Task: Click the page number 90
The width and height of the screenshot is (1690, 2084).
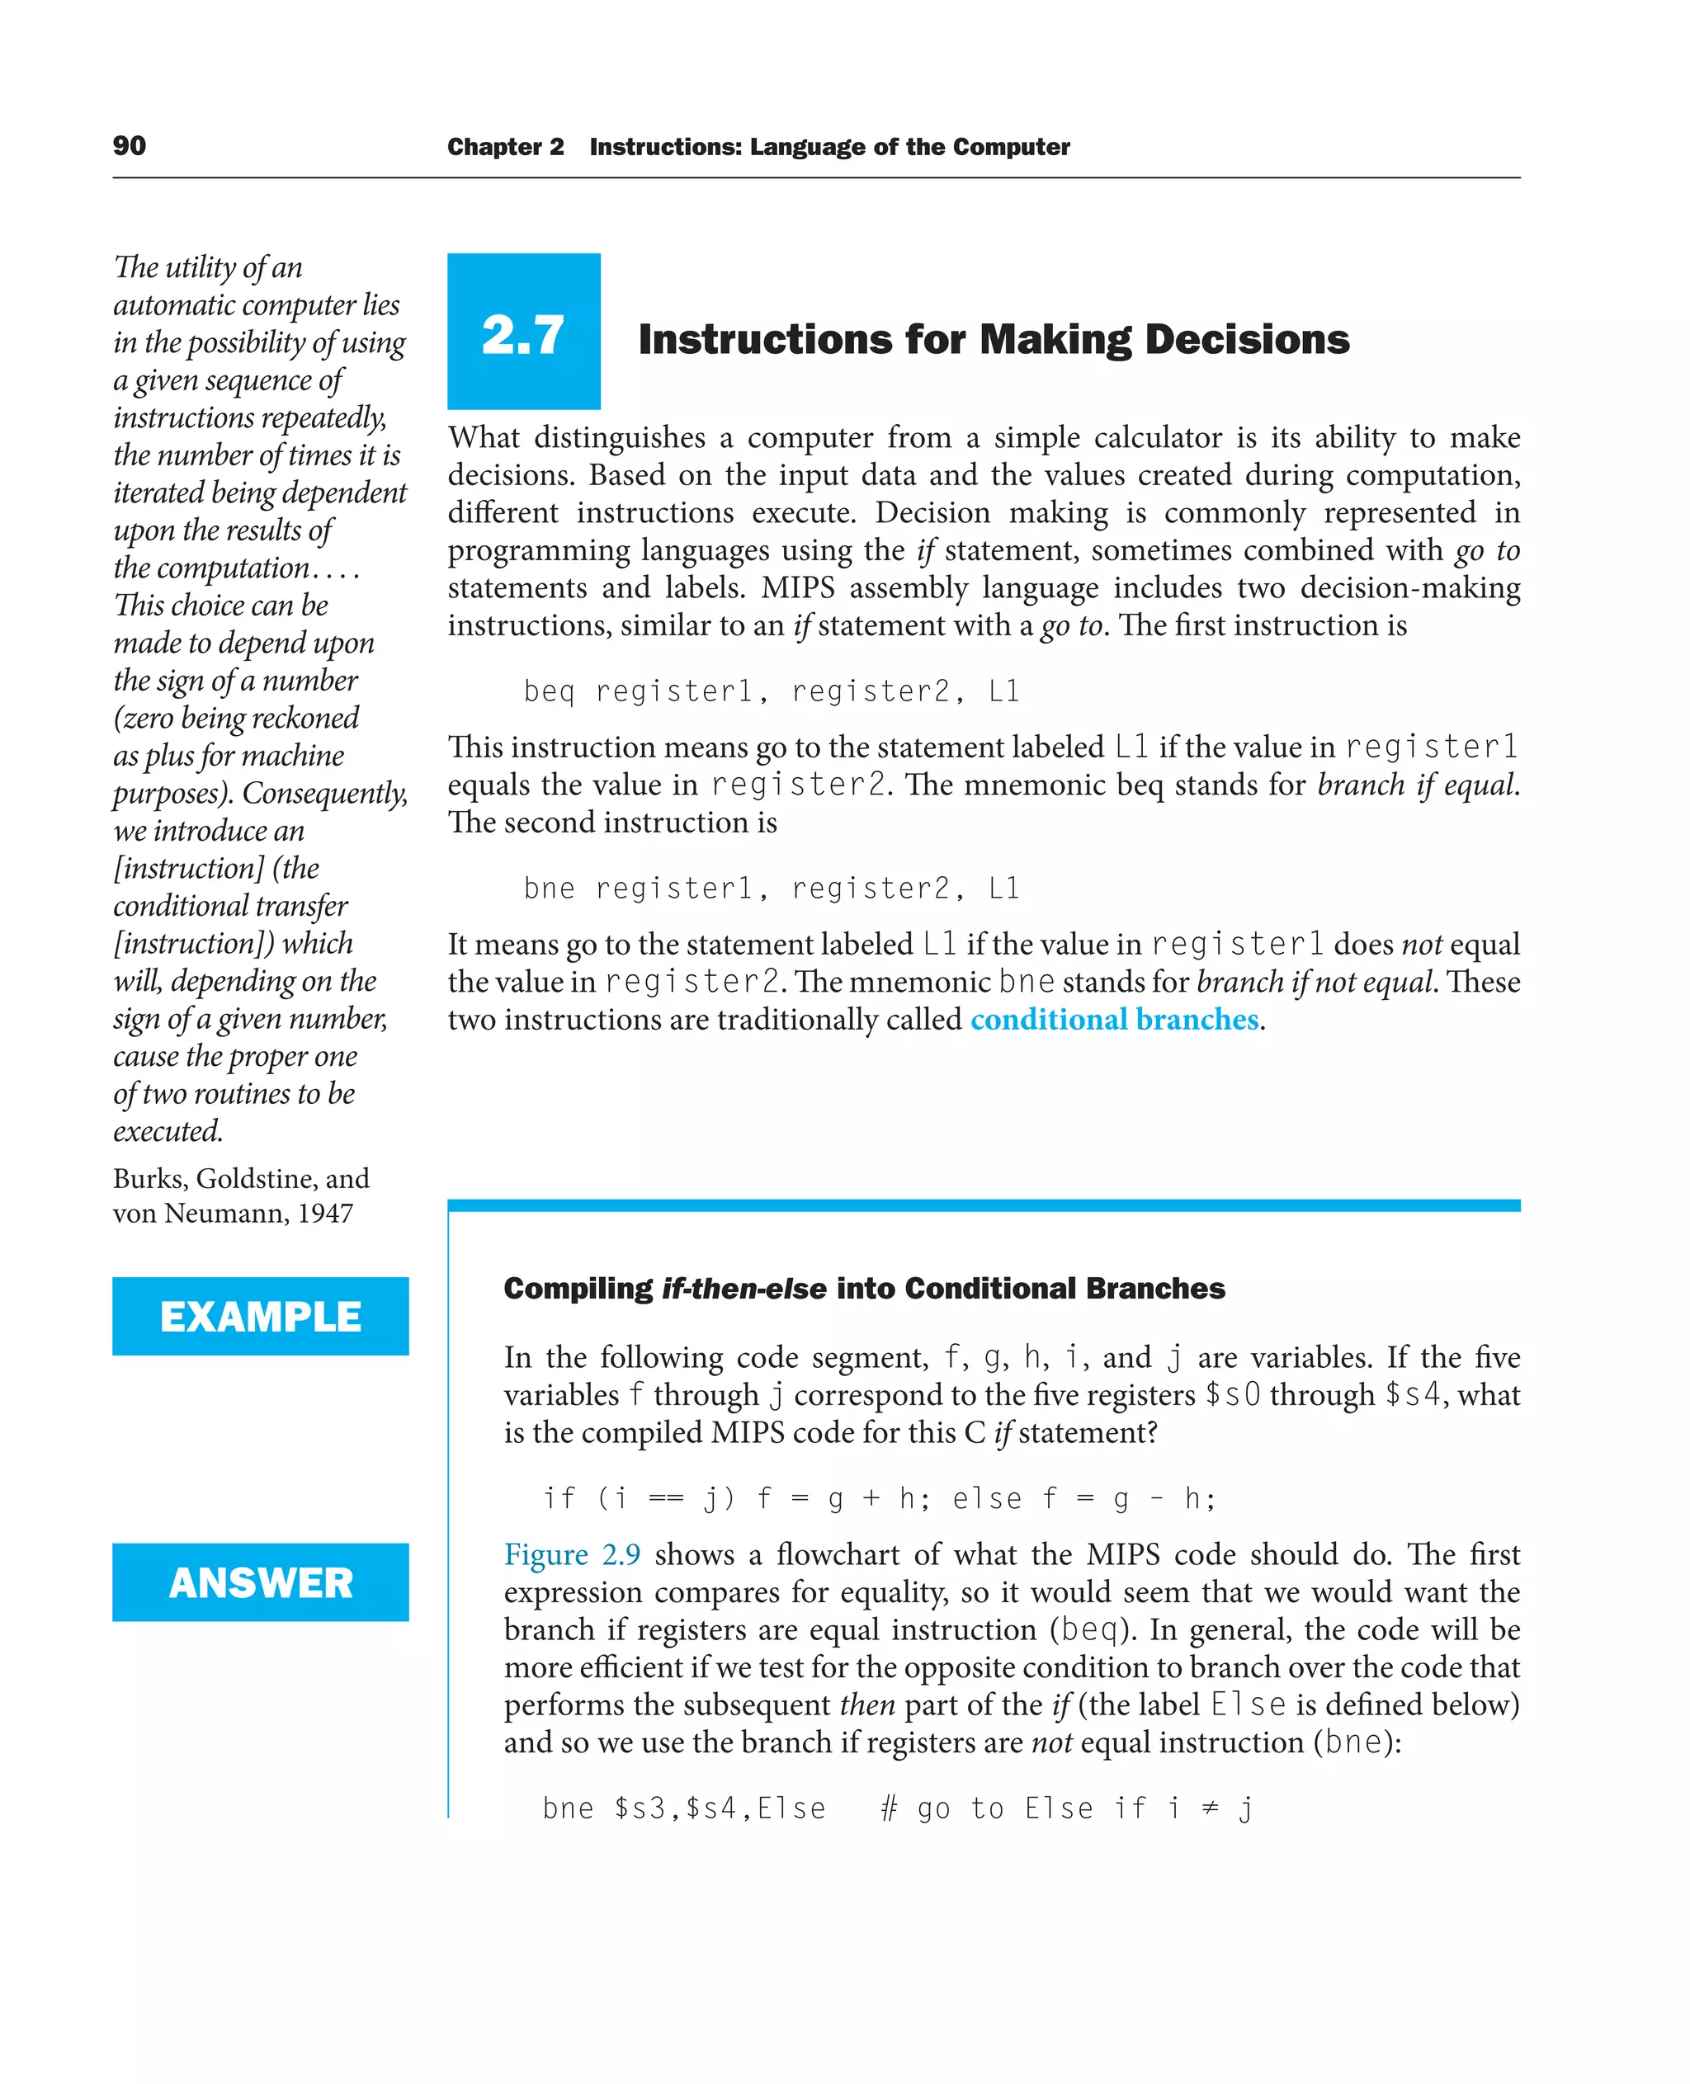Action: click(x=130, y=146)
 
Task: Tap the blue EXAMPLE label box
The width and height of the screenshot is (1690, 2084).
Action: click(x=260, y=1316)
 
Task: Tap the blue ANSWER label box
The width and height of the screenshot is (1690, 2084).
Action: click(x=260, y=1582)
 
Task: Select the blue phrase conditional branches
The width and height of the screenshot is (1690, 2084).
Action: click(x=1115, y=1019)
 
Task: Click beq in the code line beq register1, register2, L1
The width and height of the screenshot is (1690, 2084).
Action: click(x=549, y=691)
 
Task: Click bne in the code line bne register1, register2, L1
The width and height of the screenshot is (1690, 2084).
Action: click(x=549, y=888)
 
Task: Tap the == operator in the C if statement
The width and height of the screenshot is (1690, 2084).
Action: click(x=666, y=1498)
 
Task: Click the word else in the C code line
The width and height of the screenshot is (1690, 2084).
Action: click(x=987, y=1498)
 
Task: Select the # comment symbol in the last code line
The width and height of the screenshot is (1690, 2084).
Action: click(x=888, y=1808)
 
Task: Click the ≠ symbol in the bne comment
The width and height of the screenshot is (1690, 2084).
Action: click(x=1209, y=1808)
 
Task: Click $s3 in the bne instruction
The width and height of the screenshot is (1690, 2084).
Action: click(x=640, y=1808)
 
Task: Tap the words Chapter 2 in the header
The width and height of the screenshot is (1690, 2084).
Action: click(x=505, y=147)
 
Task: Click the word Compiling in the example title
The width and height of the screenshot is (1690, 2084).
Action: click(x=578, y=1289)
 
